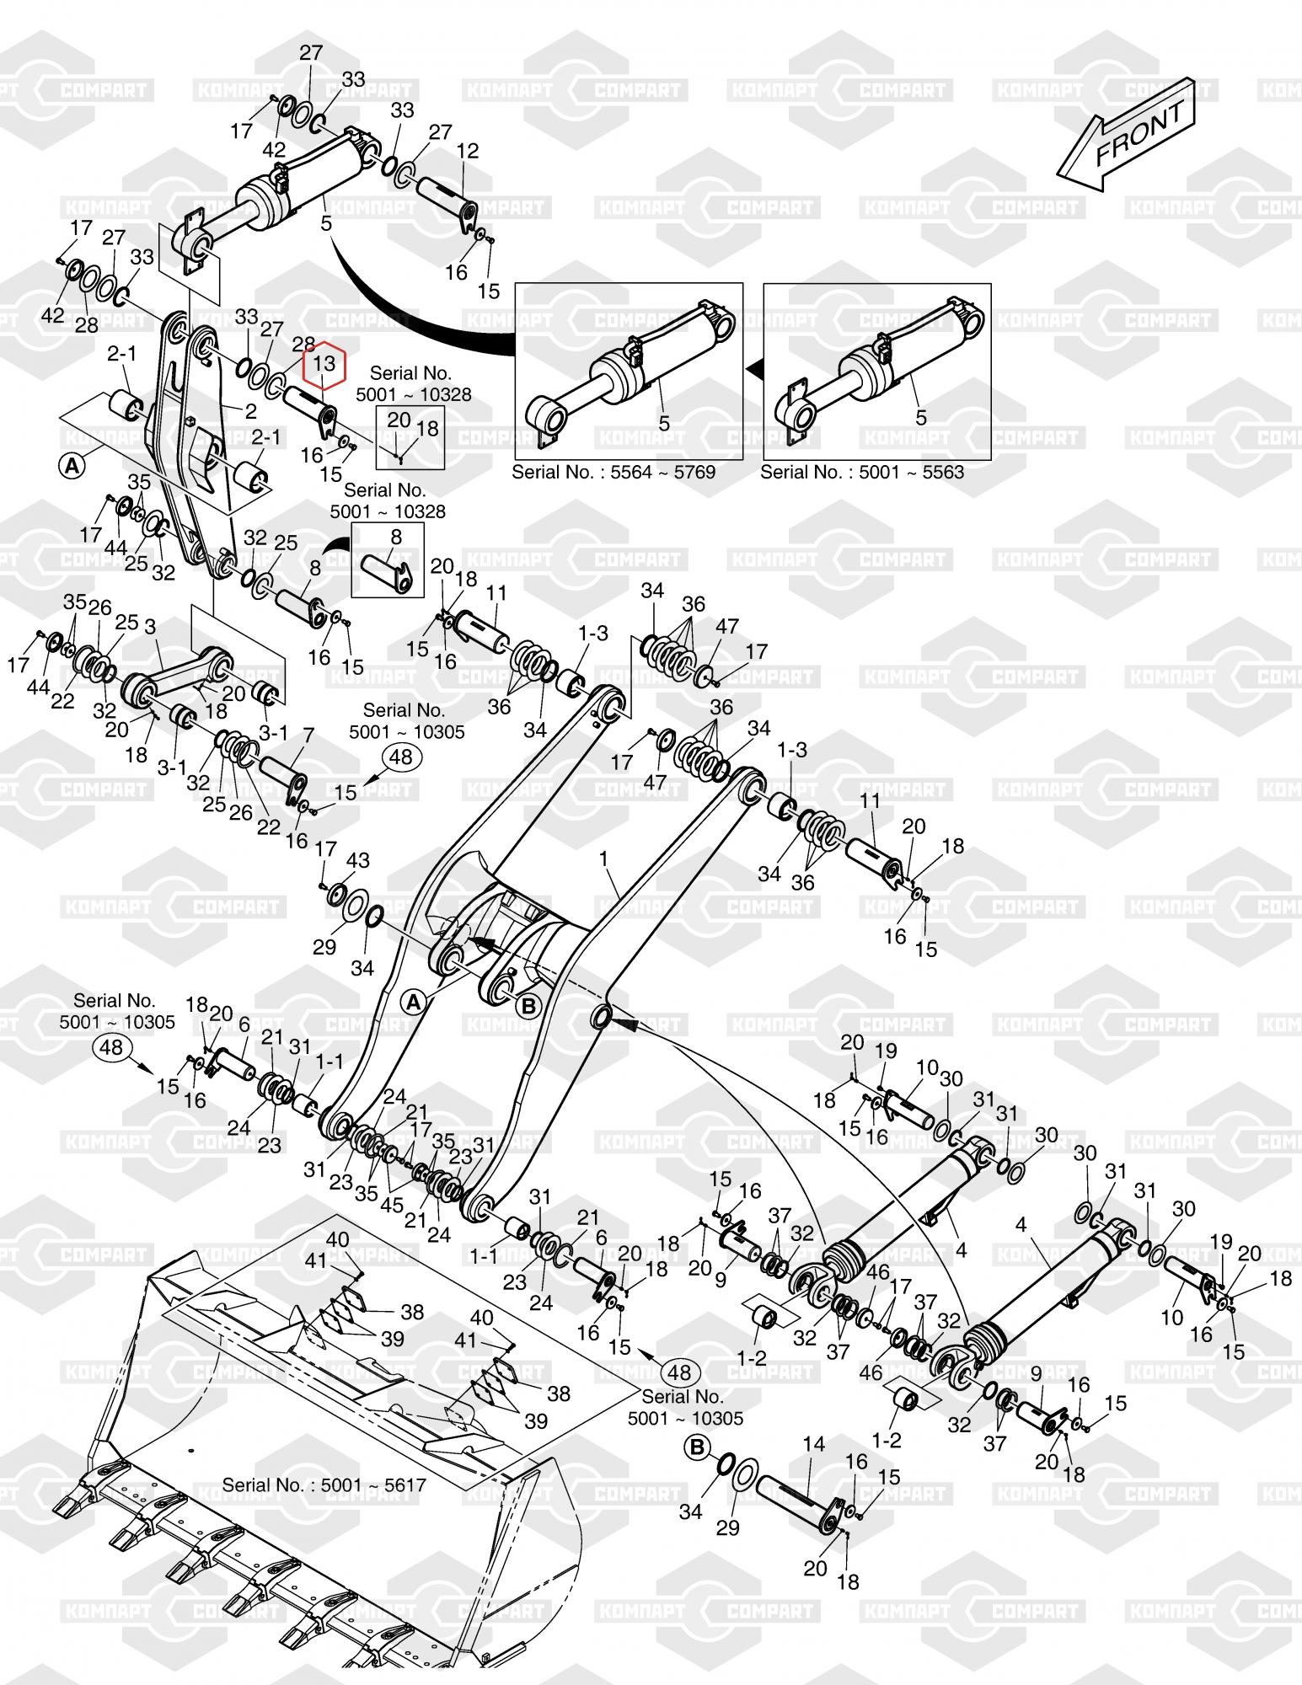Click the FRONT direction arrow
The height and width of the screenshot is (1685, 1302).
tap(1128, 133)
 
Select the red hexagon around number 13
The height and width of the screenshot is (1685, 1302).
tap(324, 364)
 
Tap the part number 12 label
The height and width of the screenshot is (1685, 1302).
tap(468, 151)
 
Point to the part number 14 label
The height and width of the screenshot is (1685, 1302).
tap(813, 1444)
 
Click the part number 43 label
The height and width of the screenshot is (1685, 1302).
tap(358, 861)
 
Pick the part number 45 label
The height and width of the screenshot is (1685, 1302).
tap(392, 1205)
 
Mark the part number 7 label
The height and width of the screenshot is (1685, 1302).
tap(308, 736)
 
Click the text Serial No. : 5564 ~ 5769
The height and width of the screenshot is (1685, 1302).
tap(613, 472)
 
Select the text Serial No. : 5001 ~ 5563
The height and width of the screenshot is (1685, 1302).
tap(862, 472)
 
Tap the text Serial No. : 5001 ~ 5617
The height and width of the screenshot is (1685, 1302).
tap(324, 1484)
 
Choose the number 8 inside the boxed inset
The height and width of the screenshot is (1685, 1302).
tap(396, 538)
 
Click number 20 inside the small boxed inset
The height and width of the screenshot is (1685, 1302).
tap(399, 420)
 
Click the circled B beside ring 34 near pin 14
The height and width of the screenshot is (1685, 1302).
tap(698, 1447)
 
